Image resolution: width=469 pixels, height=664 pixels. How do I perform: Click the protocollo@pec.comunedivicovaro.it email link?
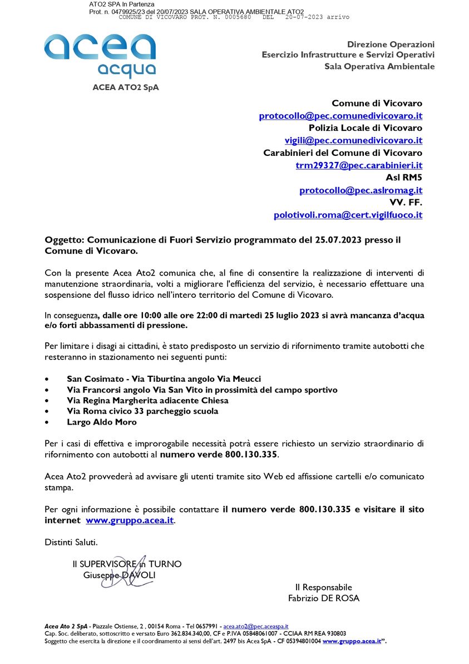tap(340, 116)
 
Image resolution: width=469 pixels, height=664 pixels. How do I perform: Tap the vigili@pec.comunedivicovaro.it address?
tap(353, 140)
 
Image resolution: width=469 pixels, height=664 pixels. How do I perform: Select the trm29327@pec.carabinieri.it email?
tap(359, 165)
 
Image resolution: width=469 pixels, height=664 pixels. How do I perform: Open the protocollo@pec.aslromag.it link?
tap(361, 190)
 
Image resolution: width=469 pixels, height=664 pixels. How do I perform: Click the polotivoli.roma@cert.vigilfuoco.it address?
tap(348, 215)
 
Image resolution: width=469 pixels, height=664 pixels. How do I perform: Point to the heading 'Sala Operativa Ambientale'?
tap(379, 66)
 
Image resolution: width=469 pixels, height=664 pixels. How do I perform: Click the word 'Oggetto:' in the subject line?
tap(64, 240)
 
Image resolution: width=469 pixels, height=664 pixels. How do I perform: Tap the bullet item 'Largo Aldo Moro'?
tap(101, 422)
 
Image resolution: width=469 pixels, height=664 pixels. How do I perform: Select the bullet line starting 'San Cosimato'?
tap(164, 378)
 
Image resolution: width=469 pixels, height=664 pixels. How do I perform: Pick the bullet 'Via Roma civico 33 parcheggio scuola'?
tap(142, 411)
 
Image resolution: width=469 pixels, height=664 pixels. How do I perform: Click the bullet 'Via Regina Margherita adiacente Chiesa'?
tap(147, 400)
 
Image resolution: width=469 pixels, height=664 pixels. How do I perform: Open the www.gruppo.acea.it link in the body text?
tap(130, 520)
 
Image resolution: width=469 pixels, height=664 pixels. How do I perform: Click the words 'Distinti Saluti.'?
tap(71, 542)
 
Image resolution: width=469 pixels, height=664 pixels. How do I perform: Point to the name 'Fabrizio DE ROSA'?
tap(323, 598)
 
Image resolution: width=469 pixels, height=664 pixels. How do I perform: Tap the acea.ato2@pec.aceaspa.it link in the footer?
tap(255, 626)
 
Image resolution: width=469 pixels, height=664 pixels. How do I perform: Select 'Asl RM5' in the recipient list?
tap(404, 178)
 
